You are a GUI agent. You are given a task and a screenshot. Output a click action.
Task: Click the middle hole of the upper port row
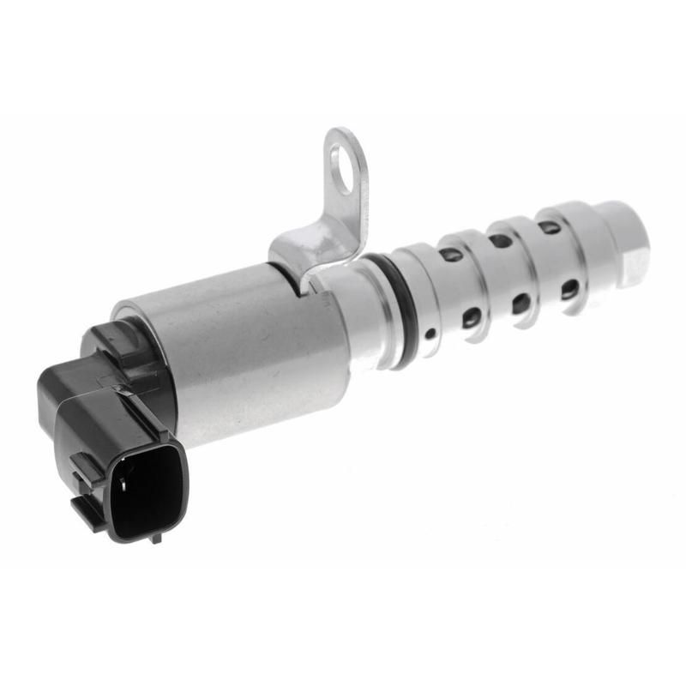499,241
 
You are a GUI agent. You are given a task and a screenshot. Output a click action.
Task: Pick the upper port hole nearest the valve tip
549,228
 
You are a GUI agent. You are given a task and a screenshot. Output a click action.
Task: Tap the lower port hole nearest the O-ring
471,318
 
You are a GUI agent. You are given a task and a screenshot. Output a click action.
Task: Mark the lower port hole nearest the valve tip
569,290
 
